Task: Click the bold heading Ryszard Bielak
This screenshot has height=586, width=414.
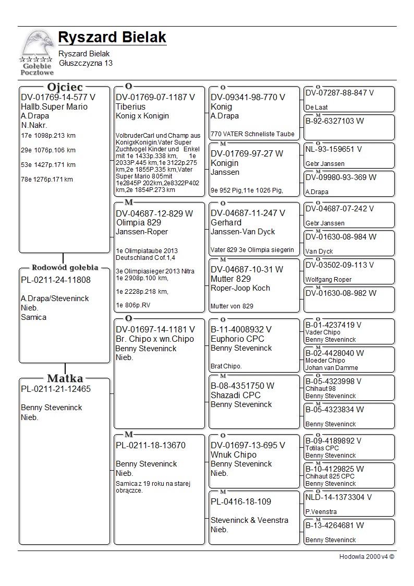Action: [x=112, y=38]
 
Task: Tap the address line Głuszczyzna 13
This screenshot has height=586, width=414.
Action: [x=86, y=63]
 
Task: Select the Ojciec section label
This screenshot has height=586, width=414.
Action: [x=65, y=87]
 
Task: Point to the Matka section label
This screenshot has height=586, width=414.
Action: [x=65, y=378]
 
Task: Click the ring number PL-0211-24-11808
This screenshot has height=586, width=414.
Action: [x=56, y=280]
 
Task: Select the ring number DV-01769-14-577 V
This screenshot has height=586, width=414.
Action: [x=58, y=97]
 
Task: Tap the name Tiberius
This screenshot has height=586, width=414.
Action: [x=130, y=106]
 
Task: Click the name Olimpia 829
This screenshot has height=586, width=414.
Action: [x=139, y=222]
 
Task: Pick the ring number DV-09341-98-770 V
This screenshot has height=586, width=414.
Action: [x=248, y=97]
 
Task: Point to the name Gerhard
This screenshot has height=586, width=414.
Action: [x=226, y=222]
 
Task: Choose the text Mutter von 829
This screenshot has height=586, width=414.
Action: [x=232, y=306]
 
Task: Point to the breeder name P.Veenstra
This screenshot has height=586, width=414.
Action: [x=321, y=512]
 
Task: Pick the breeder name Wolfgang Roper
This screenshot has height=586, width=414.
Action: [x=328, y=280]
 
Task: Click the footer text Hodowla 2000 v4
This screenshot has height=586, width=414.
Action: [x=367, y=557]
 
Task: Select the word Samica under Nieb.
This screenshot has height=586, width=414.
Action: [x=33, y=317]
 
